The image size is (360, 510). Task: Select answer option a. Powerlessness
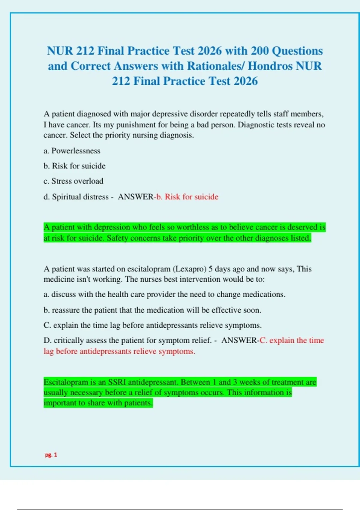(x=72, y=151)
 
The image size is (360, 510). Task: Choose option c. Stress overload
(x=73, y=181)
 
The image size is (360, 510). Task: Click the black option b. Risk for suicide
(x=75, y=166)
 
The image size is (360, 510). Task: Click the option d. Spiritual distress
(x=76, y=197)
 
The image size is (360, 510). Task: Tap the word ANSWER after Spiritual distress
(x=136, y=197)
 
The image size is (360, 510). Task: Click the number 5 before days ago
(x=211, y=269)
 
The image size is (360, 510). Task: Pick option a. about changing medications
(x=164, y=294)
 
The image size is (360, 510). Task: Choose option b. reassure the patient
(x=152, y=310)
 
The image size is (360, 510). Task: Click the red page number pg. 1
(x=51, y=455)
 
